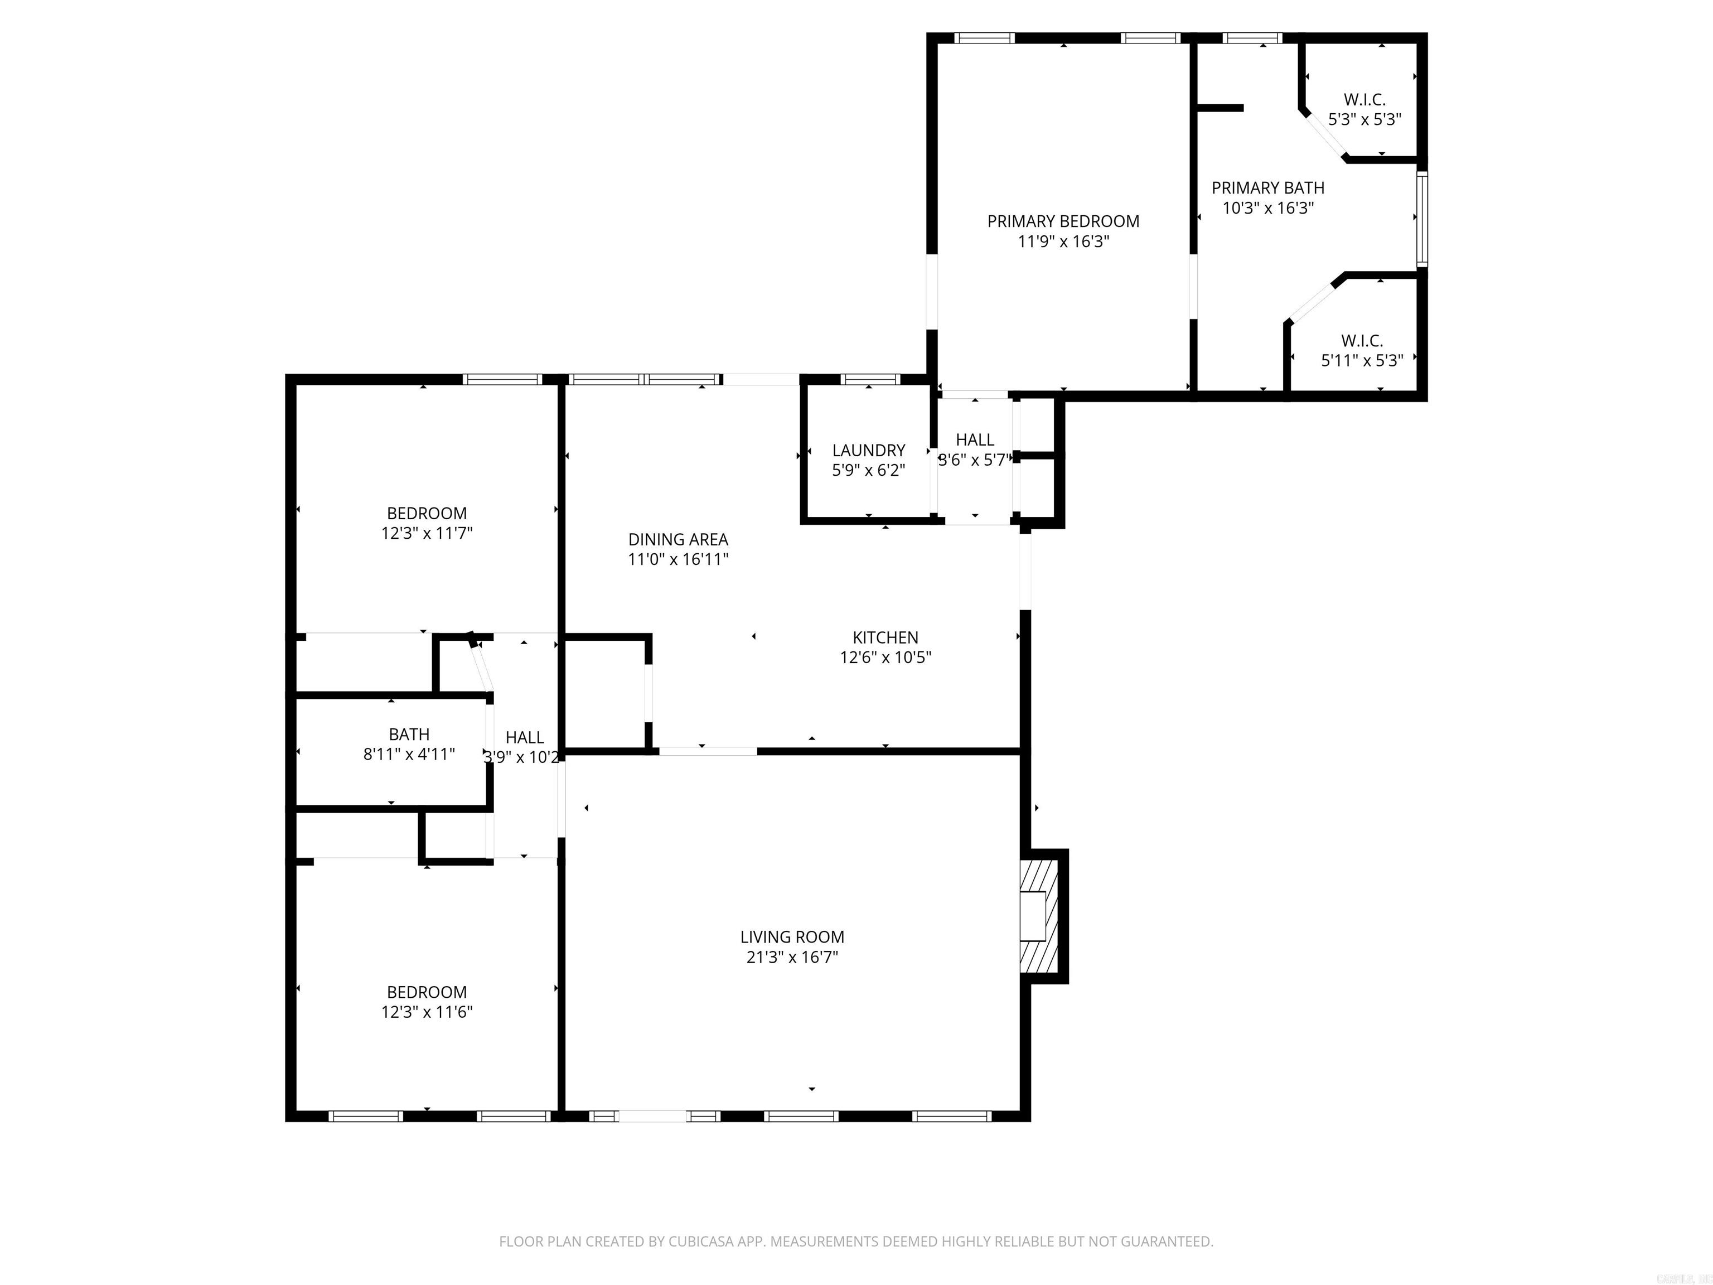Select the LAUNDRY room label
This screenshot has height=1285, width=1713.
(x=868, y=450)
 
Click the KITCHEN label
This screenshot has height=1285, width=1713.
(x=885, y=637)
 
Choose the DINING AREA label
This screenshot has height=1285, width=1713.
(x=678, y=539)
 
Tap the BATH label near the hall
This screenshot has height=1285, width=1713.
(x=409, y=735)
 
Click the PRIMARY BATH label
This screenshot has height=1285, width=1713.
(x=1267, y=188)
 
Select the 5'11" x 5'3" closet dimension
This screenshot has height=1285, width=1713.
(x=1361, y=361)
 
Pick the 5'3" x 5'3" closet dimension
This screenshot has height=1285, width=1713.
(x=1364, y=120)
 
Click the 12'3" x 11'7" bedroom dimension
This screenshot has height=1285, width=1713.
(x=427, y=533)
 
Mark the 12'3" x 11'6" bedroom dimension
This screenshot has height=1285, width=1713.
(x=427, y=1012)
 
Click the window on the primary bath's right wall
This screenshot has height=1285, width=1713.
(x=1422, y=219)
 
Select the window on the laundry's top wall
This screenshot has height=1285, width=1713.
(x=870, y=380)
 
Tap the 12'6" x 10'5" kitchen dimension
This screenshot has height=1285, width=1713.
(x=885, y=658)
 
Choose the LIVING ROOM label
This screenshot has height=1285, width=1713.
(x=791, y=937)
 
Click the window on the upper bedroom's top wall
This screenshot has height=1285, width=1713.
(x=502, y=380)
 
